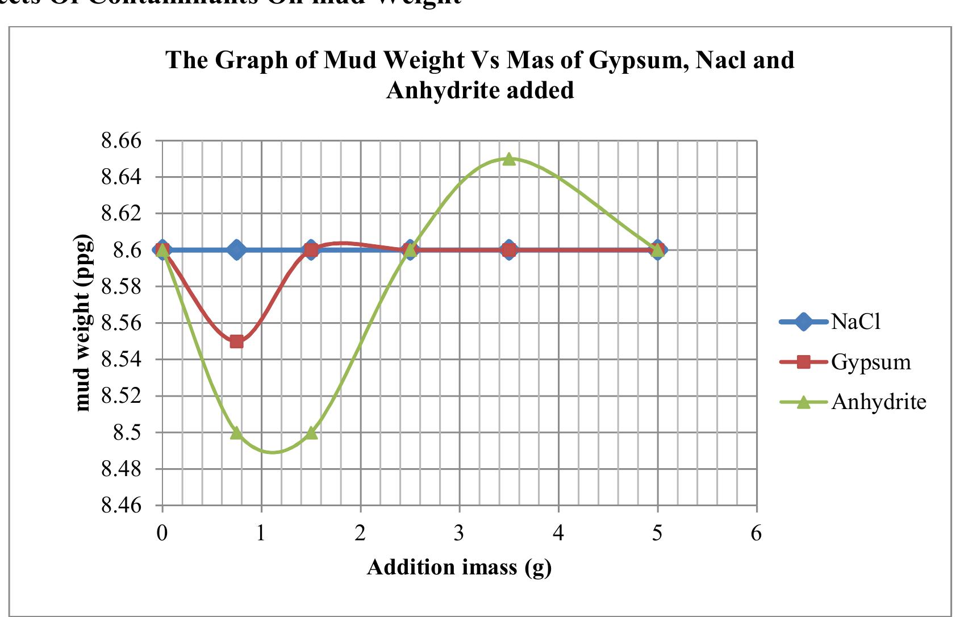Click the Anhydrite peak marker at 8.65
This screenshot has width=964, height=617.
coord(509,159)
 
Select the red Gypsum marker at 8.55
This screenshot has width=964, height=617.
coord(237,341)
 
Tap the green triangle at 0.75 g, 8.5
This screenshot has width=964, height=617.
coord(237,433)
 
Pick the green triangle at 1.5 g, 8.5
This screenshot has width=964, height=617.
coord(311,433)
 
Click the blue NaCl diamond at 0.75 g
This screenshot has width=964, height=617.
coord(237,250)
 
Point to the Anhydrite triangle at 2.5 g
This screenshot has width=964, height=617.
coord(410,250)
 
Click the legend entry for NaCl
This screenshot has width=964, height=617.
coord(856,322)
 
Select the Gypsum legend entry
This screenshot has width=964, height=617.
coord(870,362)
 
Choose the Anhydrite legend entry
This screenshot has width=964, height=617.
coord(878,402)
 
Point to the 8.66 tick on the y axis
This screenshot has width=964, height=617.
coord(120,141)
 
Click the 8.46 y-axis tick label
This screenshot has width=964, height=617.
coord(120,506)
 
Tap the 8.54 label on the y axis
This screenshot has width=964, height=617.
coord(120,360)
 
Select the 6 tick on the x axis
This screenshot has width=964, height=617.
coord(756,533)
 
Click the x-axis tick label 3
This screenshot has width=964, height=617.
coord(459,533)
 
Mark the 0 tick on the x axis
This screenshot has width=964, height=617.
coord(162,533)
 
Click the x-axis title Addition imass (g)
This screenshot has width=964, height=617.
coord(459,567)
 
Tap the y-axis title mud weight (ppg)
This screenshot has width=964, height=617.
coord(83,323)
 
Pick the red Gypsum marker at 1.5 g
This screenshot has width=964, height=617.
coord(311,250)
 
